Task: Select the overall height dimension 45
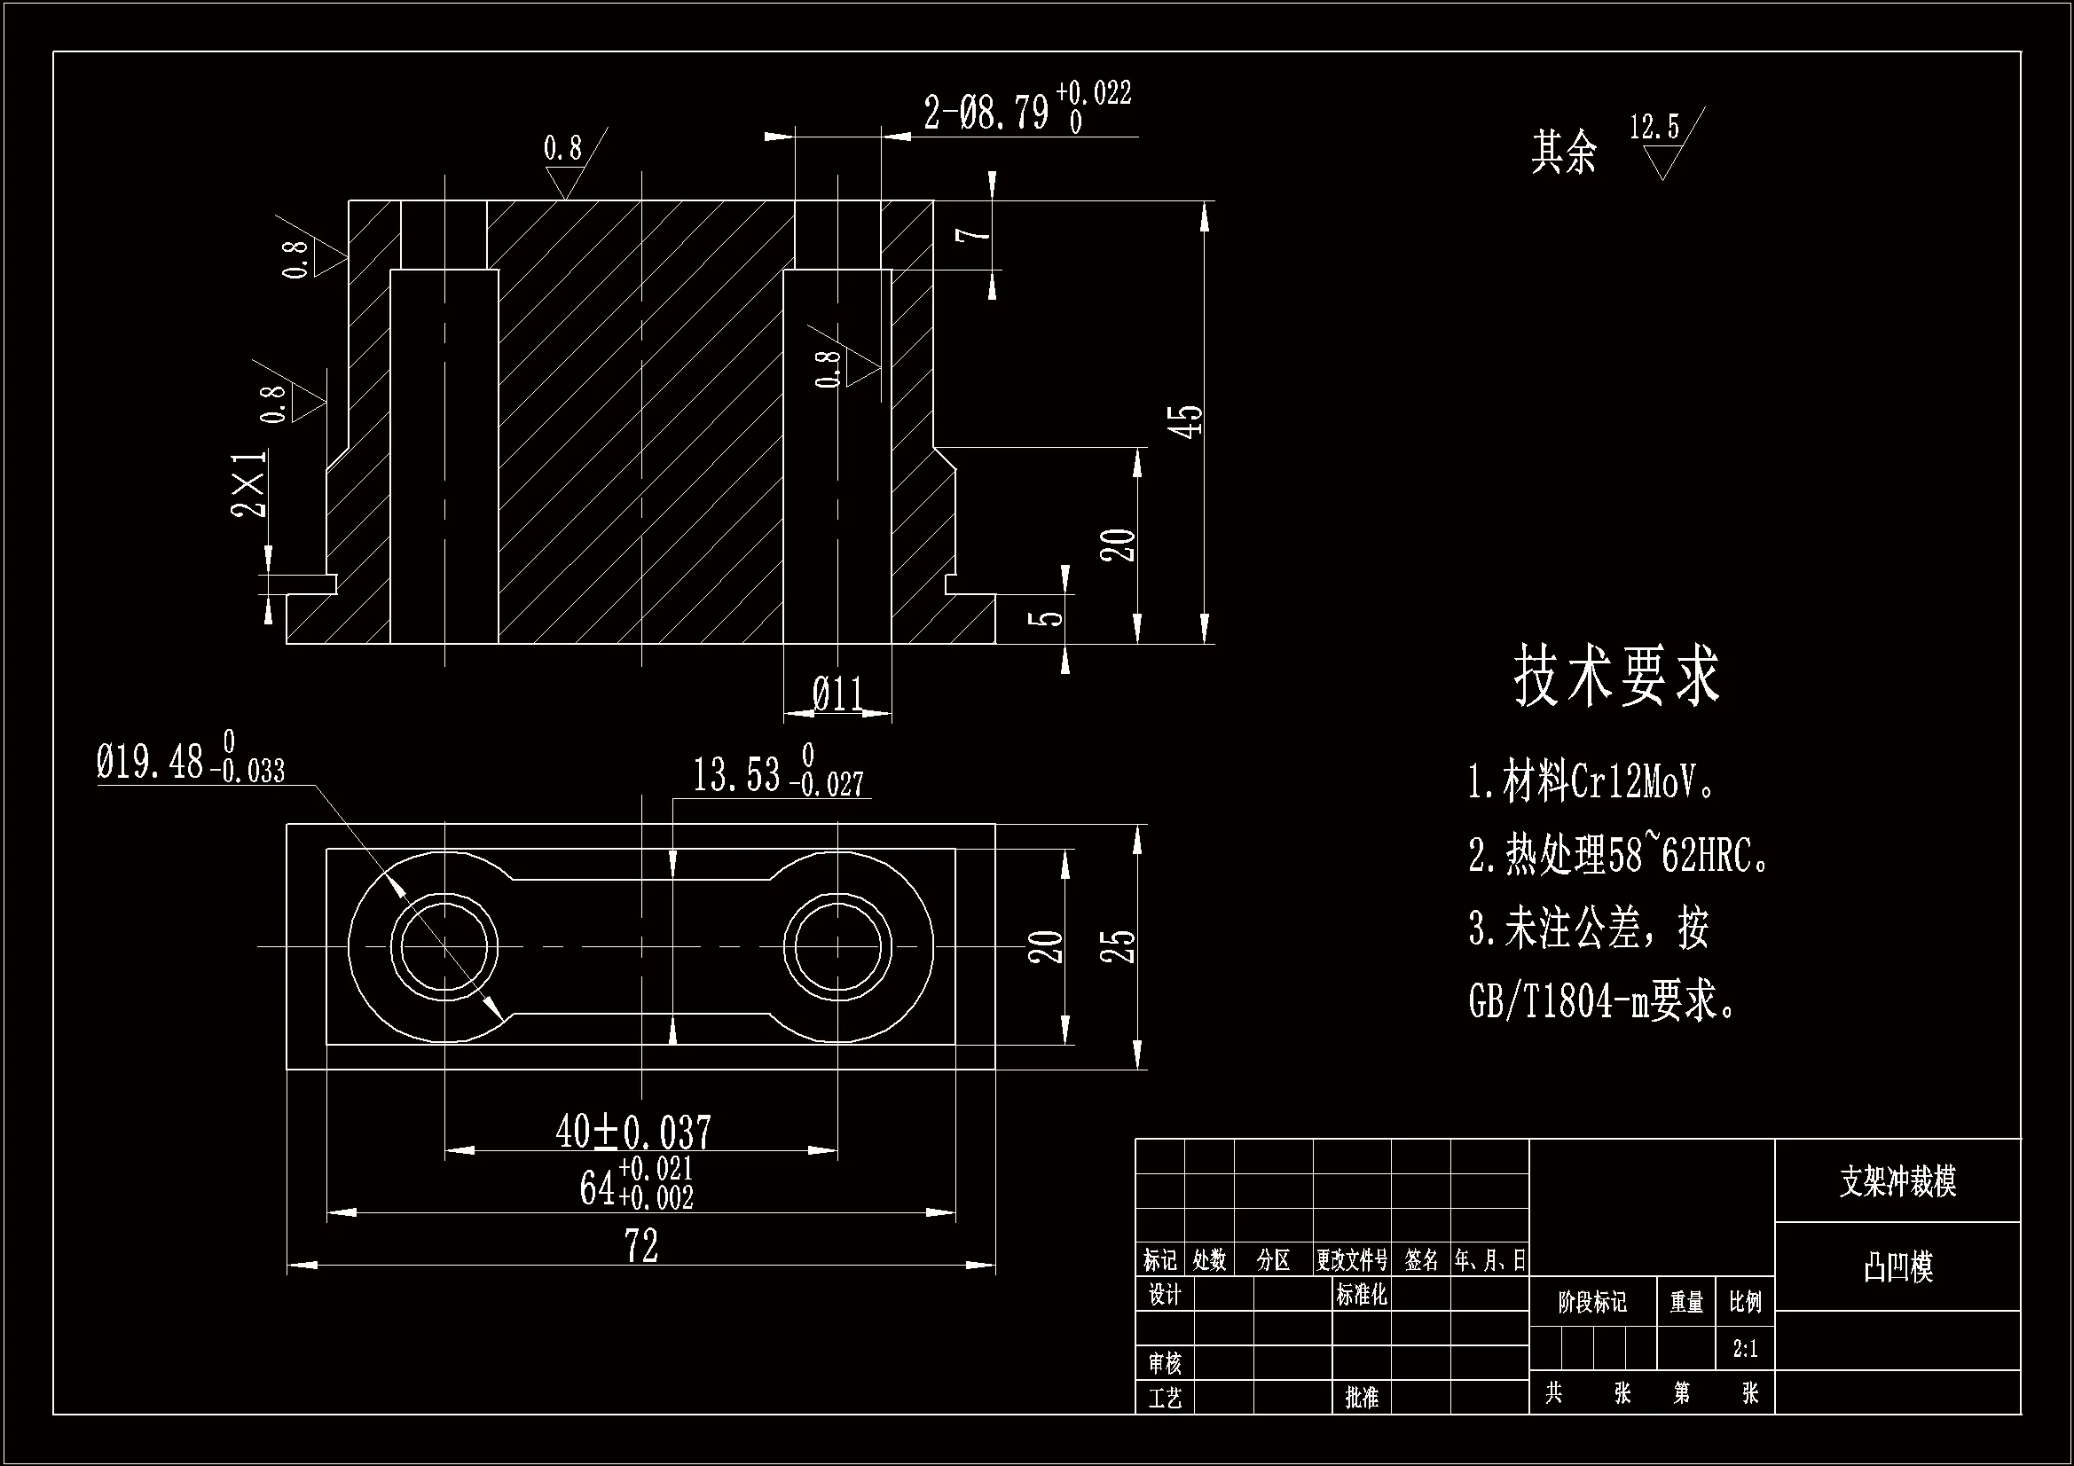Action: point(1189,421)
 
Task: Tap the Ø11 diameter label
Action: point(837,694)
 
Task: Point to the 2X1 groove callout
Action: point(250,483)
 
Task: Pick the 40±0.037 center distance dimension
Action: point(633,1132)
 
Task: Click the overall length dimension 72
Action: point(641,1247)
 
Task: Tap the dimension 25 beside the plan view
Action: point(1119,945)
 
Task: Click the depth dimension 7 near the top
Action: point(975,235)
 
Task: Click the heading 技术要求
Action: point(1617,676)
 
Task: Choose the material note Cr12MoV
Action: point(1590,782)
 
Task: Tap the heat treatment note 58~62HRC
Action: point(1617,854)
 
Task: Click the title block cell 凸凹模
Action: point(1897,1266)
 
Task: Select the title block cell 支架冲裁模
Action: point(1897,1181)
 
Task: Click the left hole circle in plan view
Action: point(444,947)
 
